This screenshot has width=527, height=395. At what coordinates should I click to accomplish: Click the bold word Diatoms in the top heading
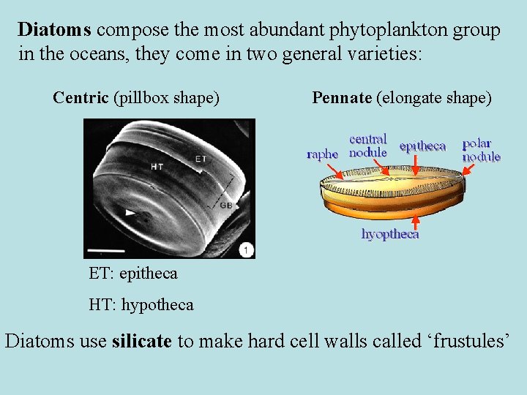click(55, 30)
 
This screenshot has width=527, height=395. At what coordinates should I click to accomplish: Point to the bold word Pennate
click(341, 97)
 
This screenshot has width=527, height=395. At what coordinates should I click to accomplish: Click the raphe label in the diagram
click(322, 154)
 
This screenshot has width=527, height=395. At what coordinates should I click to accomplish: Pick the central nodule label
click(368, 146)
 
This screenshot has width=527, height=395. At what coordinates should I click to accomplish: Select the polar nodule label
click(481, 150)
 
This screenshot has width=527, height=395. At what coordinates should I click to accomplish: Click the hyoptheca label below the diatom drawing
click(390, 234)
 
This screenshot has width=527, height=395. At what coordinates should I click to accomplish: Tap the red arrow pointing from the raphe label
click(334, 170)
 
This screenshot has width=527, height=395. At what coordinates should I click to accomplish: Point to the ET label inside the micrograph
click(200, 159)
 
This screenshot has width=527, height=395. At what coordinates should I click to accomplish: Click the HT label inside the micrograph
click(157, 167)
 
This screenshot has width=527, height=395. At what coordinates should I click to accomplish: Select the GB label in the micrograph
click(226, 206)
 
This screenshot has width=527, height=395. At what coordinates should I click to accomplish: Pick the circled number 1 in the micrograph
click(246, 251)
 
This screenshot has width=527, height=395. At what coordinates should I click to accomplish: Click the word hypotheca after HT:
click(157, 304)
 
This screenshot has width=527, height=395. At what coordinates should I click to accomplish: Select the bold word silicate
click(142, 341)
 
